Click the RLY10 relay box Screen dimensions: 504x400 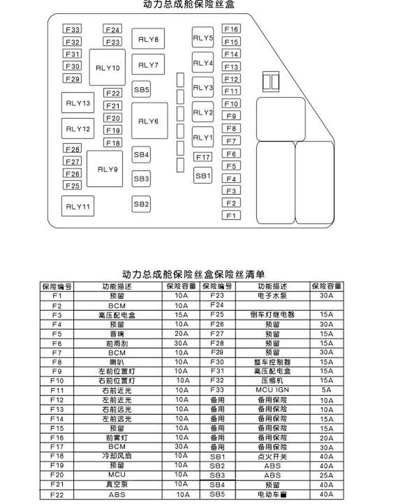(x=107, y=68)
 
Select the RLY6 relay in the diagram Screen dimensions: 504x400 (x=149, y=121)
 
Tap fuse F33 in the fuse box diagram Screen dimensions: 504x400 (x=72, y=29)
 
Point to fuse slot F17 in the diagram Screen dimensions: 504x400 (x=203, y=157)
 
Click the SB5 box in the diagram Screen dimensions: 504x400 (x=141, y=89)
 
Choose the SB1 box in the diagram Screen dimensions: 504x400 (x=203, y=176)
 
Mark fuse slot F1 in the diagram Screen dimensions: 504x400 (x=231, y=215)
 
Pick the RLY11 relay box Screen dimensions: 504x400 (x=78, y=206)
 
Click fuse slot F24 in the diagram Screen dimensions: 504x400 (x=113, y=30)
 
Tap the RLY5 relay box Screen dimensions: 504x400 (x=203, y=38)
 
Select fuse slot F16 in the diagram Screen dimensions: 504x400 (x=231, y=29)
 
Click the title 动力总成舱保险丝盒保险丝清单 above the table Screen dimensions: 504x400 (x=193, y=274)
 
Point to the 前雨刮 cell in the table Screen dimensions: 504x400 (x=117, y=343)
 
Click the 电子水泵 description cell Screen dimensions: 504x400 (x=272, y=296)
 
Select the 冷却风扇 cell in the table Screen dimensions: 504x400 (x=117, y=456)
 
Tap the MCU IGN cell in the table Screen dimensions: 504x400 (x=272, y=390)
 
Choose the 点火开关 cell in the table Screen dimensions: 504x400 (x=272, y=457)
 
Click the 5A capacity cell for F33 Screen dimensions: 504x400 (x=326, y=390)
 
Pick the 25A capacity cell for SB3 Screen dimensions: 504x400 (x=326, y=475)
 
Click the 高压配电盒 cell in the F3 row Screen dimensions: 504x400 (x=117, y=315)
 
